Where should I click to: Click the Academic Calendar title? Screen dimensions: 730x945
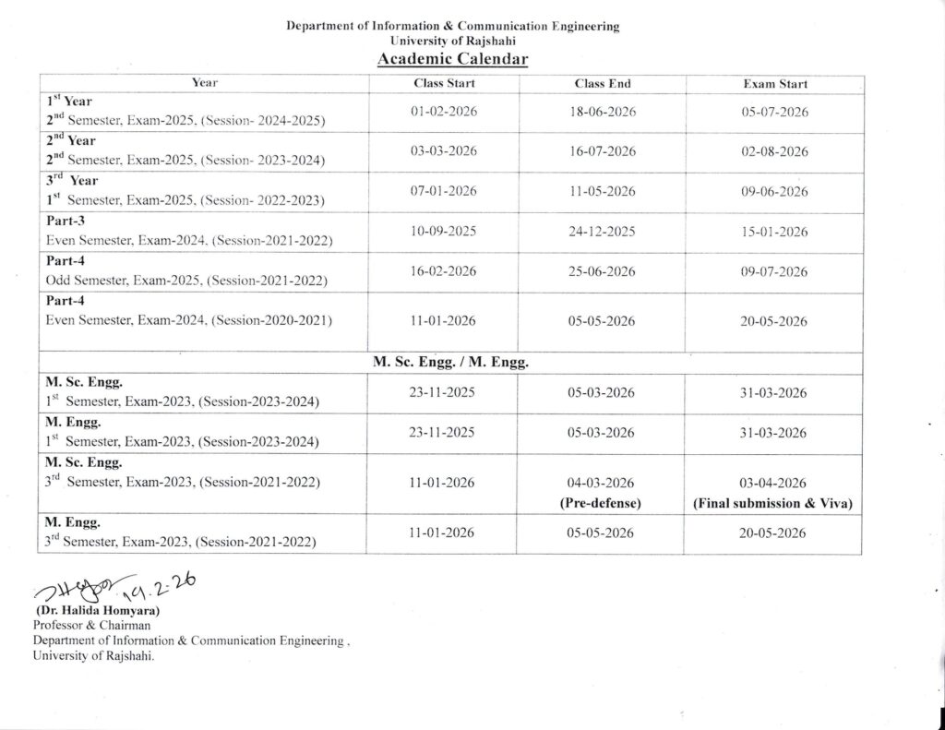coord(452,60)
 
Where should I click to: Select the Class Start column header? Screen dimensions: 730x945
coord(444,84)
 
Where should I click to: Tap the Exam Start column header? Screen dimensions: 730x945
coord(774,84)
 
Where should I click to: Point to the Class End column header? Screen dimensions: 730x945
coord(603,84)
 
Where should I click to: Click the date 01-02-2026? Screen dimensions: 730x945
coord(444,112)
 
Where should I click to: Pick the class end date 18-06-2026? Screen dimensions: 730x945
coord(603,112)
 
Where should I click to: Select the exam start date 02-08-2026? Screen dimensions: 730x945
coord(774,151)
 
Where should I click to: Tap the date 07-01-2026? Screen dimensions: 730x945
coord(444,191)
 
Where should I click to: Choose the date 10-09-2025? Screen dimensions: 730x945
coord(444,231)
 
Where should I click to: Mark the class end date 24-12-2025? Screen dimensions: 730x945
coord(603,232)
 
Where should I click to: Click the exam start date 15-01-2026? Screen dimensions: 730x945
coord(774,232)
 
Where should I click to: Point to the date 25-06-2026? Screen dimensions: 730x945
coord(603,271)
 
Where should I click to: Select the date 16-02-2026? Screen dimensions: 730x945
coord(444,271)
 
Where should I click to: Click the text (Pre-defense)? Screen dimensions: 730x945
coord(602,504)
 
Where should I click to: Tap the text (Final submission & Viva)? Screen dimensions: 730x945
coord(773,504)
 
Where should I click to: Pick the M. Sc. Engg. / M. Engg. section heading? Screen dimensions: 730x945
coord(450,364)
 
